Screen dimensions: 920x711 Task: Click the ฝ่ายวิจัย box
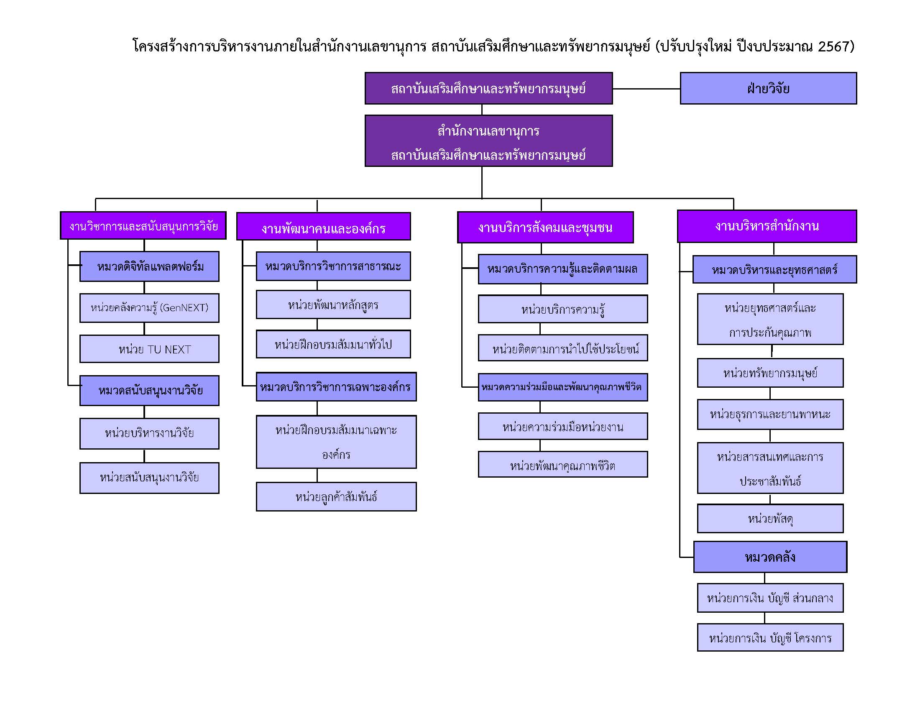(768, 88)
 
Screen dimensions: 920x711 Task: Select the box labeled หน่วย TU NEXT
(149, 349)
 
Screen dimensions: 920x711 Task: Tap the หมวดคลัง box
(770, 557)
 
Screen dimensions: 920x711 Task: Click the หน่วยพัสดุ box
(770, 519)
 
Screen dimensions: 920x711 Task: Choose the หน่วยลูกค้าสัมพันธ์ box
(336, 496)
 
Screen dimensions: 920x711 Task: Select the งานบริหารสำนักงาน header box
(767, 226)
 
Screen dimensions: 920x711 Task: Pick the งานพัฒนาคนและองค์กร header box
(324, 226)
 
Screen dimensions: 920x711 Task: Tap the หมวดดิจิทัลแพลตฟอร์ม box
(149, 266)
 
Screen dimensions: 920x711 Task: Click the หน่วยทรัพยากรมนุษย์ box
(770, 373)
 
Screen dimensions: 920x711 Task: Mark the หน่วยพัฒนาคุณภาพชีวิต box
(563, 464)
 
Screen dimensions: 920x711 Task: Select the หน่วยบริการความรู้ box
(563, 309)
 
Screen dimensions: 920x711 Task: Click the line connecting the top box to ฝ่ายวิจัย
(646, 89)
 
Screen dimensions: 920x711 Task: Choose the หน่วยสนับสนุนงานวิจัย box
(149, 478)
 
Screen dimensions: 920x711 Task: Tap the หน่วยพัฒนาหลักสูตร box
(333, 304)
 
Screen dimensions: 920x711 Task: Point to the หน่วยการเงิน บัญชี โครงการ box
(770, 637)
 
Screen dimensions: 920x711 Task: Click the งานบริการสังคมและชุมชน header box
(545, 228)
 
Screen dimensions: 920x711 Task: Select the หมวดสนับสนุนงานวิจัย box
(149, 391)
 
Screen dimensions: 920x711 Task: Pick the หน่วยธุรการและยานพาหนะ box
(770, 414)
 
